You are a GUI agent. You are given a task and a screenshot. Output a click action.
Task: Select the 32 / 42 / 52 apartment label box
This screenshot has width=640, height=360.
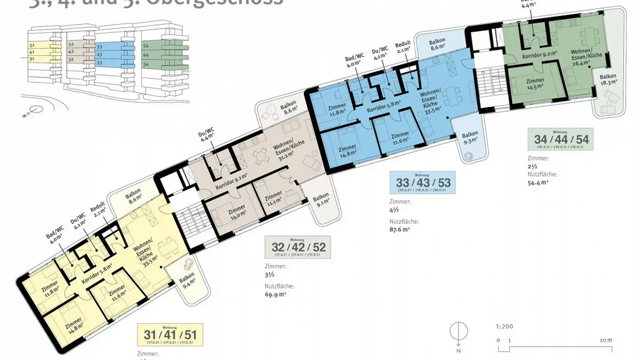[298, 247]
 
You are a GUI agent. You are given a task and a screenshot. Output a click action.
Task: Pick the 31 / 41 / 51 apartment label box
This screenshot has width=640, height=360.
[170, 335]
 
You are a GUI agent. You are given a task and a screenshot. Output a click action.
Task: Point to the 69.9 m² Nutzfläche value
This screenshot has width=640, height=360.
[275, 294]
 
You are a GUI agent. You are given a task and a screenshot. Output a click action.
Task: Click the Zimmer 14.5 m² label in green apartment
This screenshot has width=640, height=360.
[535, 84]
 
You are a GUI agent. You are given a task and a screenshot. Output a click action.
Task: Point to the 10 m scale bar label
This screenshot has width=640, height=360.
[606, 340]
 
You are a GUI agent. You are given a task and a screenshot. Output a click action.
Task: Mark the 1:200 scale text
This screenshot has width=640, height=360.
[504, 326]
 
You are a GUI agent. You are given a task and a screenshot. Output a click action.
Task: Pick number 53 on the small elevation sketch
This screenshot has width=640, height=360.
[100, 47]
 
